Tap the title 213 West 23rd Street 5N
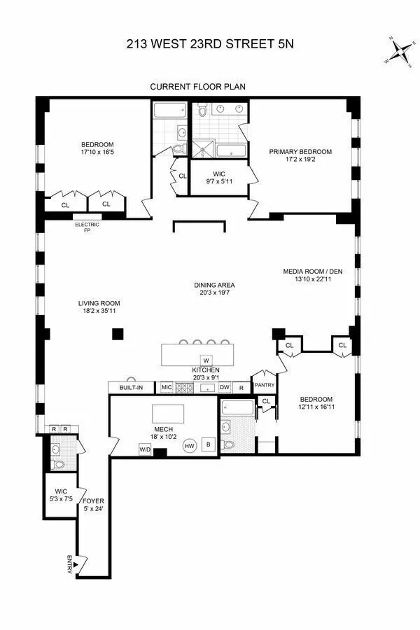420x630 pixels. [210, 43]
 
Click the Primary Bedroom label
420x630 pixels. [301, 151]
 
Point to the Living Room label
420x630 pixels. [97, 304]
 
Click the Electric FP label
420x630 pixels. [87, 227]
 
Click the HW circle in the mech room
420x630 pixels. [189, 445]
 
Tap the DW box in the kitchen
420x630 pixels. [225, 387]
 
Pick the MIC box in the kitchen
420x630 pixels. [167, 387]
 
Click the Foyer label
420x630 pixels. [93, 500]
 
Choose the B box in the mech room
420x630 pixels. [208, 443]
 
